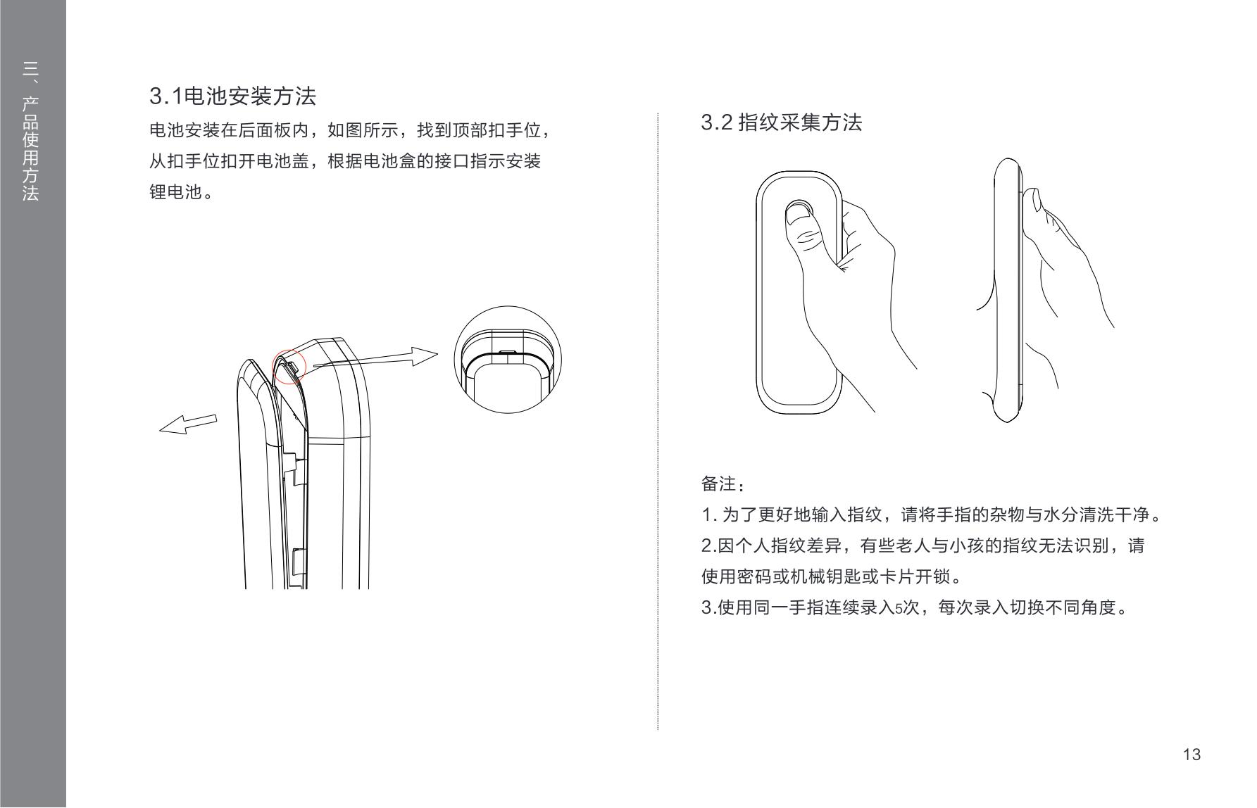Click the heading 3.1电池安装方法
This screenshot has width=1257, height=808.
coord(232,96)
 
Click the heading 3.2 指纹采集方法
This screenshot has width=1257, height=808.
coord(782,122)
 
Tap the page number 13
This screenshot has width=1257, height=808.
coord(1192,755)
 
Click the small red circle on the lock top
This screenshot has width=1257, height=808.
coord(289,367)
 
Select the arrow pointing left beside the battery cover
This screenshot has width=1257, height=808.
coord(188,424)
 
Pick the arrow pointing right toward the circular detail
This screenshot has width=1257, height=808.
coord(375,360)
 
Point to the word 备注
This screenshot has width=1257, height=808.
coord(718,484)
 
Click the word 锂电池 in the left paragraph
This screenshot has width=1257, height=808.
coord(175,192)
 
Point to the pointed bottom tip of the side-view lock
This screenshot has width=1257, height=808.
coord(1007,422)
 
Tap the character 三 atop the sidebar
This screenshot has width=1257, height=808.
coord(30,69)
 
